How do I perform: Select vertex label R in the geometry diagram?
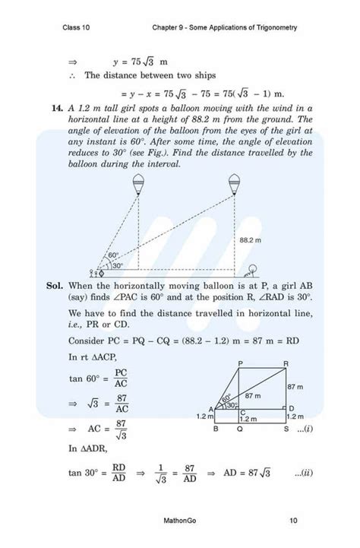click(x=286, y=363)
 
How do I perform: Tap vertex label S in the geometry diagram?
click(x=286, y=429)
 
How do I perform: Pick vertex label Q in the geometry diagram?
click(x=241, y=429)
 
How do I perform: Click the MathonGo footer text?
click(x=180, y=521)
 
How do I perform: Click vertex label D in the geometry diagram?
click(x=292, y=408)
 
